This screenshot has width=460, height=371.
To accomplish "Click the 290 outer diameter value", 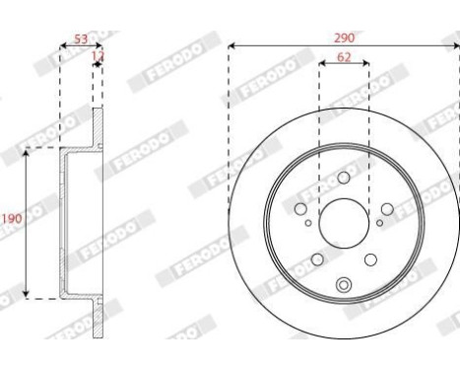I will [344, 37].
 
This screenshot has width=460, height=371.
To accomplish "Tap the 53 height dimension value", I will [80, 39].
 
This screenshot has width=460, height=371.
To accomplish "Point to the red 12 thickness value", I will [97, 59].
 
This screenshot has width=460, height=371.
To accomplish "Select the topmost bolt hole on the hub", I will [343, 178].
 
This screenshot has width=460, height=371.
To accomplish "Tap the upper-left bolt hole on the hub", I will [300, 208].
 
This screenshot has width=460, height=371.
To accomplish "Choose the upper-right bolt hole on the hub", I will [387, 208].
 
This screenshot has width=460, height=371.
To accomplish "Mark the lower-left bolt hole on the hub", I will [317, 260].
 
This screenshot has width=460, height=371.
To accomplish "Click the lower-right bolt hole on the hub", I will [370, 260].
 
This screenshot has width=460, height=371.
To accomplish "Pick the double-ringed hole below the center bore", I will [344, 286].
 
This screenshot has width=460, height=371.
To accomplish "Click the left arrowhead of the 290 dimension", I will [231, 45].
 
